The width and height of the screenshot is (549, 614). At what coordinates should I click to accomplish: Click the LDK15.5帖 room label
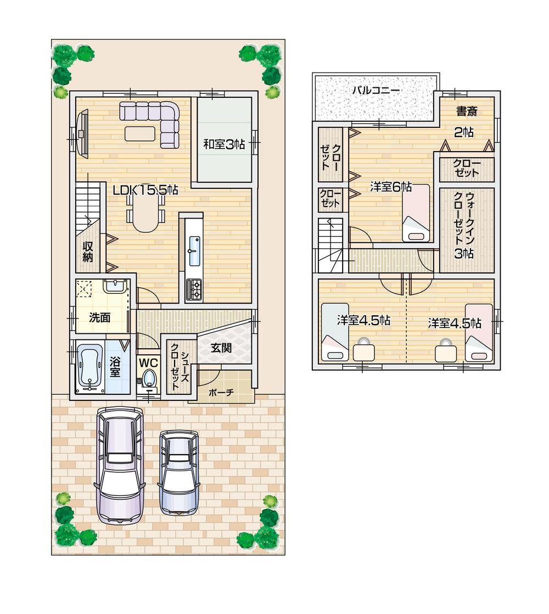coord(145,191)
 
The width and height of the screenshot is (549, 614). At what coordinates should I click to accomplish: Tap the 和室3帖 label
coord(223,144)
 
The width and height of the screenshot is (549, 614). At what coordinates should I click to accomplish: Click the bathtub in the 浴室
coord(90,366)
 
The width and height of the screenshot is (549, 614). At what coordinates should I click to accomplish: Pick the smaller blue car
coord(179,471)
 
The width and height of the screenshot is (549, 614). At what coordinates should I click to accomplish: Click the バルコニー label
coord(376,90)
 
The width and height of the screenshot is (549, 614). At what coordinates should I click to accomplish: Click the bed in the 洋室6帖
coord(416,213)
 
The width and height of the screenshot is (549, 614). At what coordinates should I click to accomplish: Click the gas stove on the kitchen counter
coord(194,289)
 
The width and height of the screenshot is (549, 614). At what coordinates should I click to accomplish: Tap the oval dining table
coord(145,214)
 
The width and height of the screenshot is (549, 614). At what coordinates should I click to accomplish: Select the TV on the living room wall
coord(82,132)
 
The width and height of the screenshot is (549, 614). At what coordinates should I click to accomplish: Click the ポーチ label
coord(222,393)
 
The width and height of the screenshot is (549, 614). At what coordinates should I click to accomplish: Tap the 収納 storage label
coord(88,252)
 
